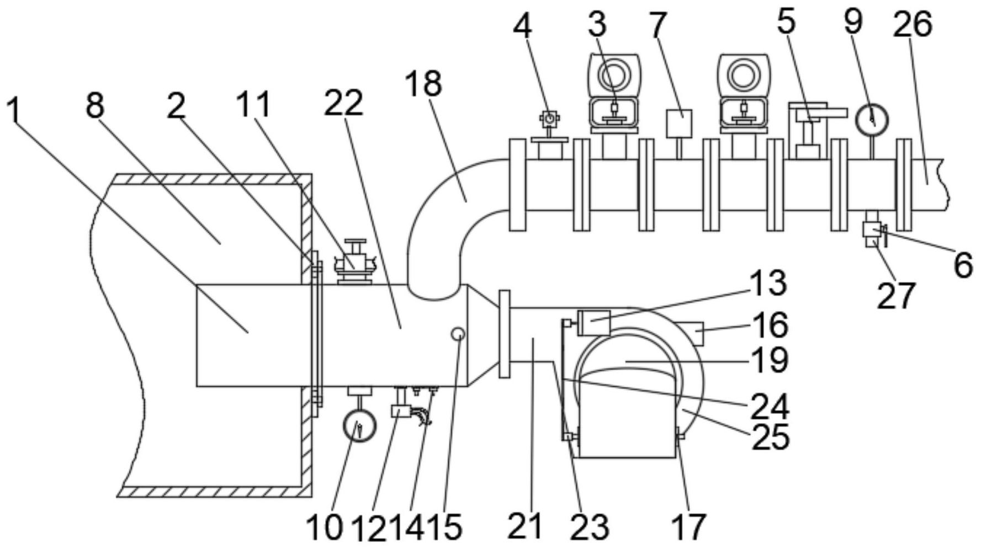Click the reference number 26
(913, 24)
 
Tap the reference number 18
(423, 84)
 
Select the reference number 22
(343, 103)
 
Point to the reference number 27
(896, 296)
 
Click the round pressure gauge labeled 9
(872, 118)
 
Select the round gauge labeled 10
(359, 426)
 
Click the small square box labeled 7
(679, 123)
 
